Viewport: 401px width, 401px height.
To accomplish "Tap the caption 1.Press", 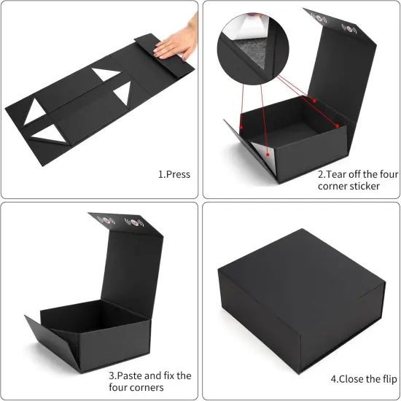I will tap(174, 174).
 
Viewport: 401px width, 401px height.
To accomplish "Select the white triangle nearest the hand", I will tap(122, 92).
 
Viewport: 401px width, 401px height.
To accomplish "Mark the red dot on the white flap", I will tap(270, 154).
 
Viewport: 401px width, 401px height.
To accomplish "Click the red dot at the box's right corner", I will tap(336, 127).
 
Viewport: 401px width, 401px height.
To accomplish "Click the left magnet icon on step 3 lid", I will tap(106, 218).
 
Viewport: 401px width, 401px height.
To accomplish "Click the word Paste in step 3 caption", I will tap(129, 375).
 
